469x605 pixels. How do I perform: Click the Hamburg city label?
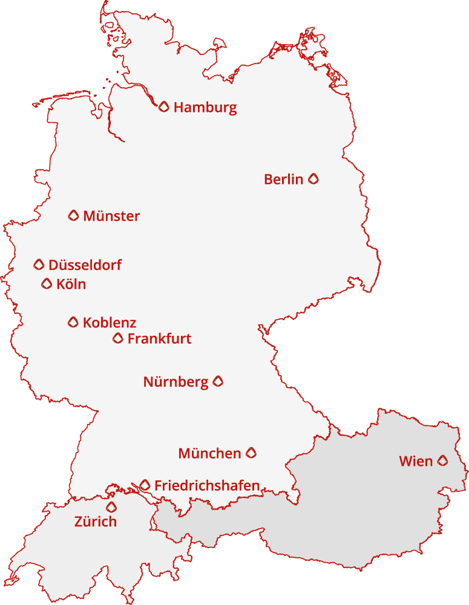click(205, 108)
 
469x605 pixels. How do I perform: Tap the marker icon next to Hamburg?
click(163, 107)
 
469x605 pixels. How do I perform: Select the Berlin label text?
click(283, 179)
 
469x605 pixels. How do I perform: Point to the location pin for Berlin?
click(313, 178)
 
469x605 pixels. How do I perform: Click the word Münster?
click(111, 216)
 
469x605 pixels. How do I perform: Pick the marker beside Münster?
click(73, 215)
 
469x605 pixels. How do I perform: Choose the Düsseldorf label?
click(85, 265)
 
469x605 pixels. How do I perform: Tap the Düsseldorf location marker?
click(39, 264)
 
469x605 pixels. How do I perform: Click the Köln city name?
click(71, 284)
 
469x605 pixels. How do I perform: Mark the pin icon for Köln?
click(47, 284)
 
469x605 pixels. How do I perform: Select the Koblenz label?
click(110, 322)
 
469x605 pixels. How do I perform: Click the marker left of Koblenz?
click(73, 322)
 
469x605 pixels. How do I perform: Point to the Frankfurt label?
click(159, 339)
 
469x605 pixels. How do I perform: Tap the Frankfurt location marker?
click(118, 338)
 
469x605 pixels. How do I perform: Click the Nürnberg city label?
click(175, 382)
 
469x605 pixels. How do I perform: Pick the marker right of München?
click(251, 453)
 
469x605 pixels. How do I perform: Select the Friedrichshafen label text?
click(207, 485)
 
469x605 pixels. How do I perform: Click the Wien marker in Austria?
click(443, 461)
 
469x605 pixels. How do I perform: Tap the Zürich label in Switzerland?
click(96, 522)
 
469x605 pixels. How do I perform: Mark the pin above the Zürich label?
click(111, 507)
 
